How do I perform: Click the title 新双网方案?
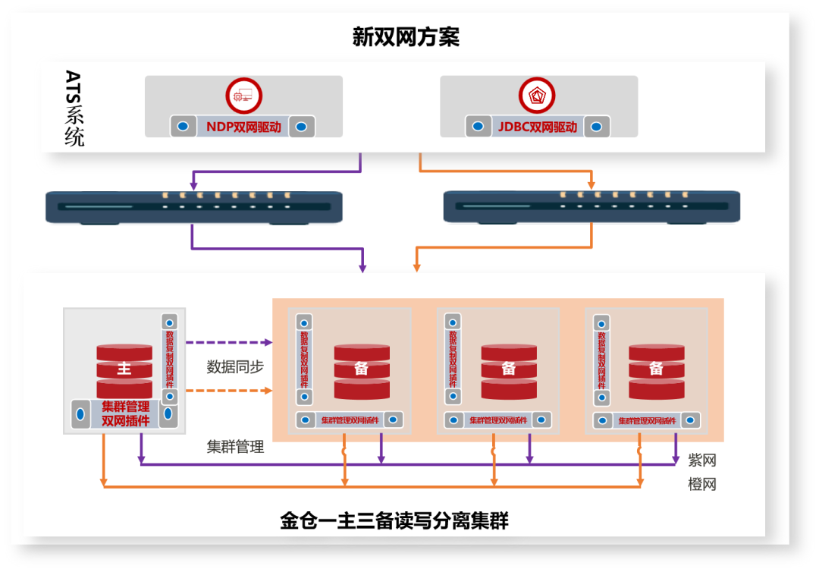click(406, 37)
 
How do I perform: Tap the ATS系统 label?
click(74, 108)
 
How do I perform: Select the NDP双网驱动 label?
click(243, 127)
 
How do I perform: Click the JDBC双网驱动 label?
click(538, 127)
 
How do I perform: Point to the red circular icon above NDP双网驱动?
click(243, 96)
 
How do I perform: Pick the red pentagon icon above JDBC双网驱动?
click(537, 96)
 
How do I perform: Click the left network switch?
click(194, 207)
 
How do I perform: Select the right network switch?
click(591, 207)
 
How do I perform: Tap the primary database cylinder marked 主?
click(124, 370)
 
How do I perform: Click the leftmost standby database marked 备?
click(362, 370)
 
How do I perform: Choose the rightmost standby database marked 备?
click(657, 370)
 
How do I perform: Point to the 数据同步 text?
click(235, 367)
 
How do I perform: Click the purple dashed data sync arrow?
click(228, 343)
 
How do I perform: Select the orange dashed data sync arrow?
click(228, 391)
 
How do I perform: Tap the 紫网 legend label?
click(701, 460)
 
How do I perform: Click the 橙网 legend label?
click(701, 484)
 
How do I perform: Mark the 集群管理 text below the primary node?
click(235, 447)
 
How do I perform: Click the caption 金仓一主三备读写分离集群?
click(394, 521)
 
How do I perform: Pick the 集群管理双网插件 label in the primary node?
click(125, 413)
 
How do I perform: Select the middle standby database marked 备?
click(509, 370)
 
